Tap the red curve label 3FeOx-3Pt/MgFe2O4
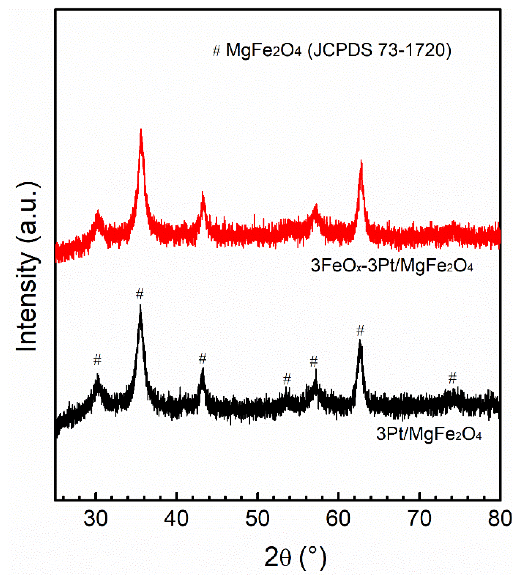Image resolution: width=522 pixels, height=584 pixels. pos(391,266)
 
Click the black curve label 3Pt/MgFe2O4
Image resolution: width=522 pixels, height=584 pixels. pos(429,434)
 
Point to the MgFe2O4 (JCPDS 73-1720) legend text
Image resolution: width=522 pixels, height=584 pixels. pos(338,50)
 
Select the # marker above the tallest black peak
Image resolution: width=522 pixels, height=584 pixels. pos(140,294)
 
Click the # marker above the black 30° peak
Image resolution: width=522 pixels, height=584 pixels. pos(98,360)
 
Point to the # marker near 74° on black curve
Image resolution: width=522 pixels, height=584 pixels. pos(452,378)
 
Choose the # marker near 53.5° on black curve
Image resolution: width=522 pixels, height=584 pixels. pos(287,379)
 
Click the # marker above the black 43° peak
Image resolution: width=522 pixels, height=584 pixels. pos(203,359)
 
